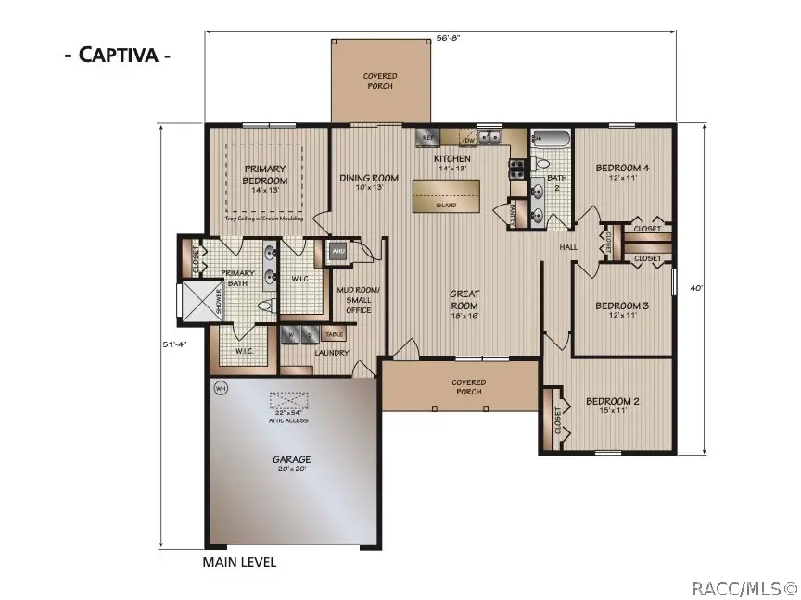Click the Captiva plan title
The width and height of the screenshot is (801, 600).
(x=117, y=54)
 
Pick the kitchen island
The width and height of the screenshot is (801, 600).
(x=447, y=195)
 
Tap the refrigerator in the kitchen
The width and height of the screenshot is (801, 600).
(x=428, y=137)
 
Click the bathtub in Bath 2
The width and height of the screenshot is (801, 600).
(x=552, y=142)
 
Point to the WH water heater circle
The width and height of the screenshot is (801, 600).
(x=221, y=387)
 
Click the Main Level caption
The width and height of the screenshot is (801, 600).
(x=239, y=561)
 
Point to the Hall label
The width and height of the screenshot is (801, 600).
(x=567, y=248)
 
